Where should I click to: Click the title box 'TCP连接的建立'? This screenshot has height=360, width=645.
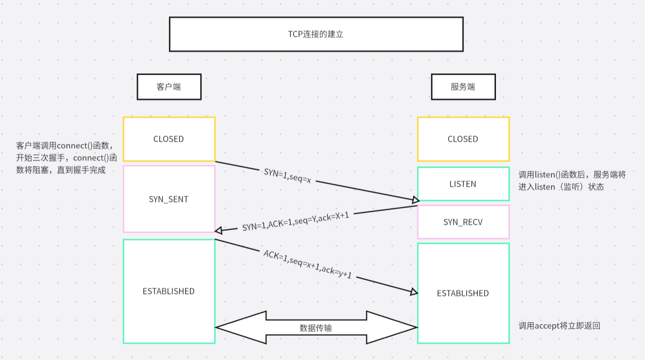point(316,34)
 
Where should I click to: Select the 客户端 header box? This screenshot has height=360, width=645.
point(169,87)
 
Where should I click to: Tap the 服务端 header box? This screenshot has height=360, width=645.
point(463,87)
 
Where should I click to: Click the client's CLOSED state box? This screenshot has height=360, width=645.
point(169,139)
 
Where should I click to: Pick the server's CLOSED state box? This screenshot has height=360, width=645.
point(463,139)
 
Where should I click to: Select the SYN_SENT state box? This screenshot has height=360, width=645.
point(169,199)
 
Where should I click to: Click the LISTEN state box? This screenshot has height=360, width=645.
point(463,184)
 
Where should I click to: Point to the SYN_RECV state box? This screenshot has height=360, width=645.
point(463,222)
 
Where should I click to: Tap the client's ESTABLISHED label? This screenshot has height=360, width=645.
point(169,291)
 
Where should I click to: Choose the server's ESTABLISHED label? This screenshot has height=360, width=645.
point(463,293)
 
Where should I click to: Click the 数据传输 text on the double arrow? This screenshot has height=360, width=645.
point(316,328)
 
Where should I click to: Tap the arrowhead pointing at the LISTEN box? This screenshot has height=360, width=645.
point(415,200)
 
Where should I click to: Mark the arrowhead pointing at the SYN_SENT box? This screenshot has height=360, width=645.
point(219,230)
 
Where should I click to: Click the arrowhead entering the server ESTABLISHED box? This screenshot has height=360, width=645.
point(414,292)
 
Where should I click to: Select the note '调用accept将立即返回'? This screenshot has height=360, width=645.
point(559,326)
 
